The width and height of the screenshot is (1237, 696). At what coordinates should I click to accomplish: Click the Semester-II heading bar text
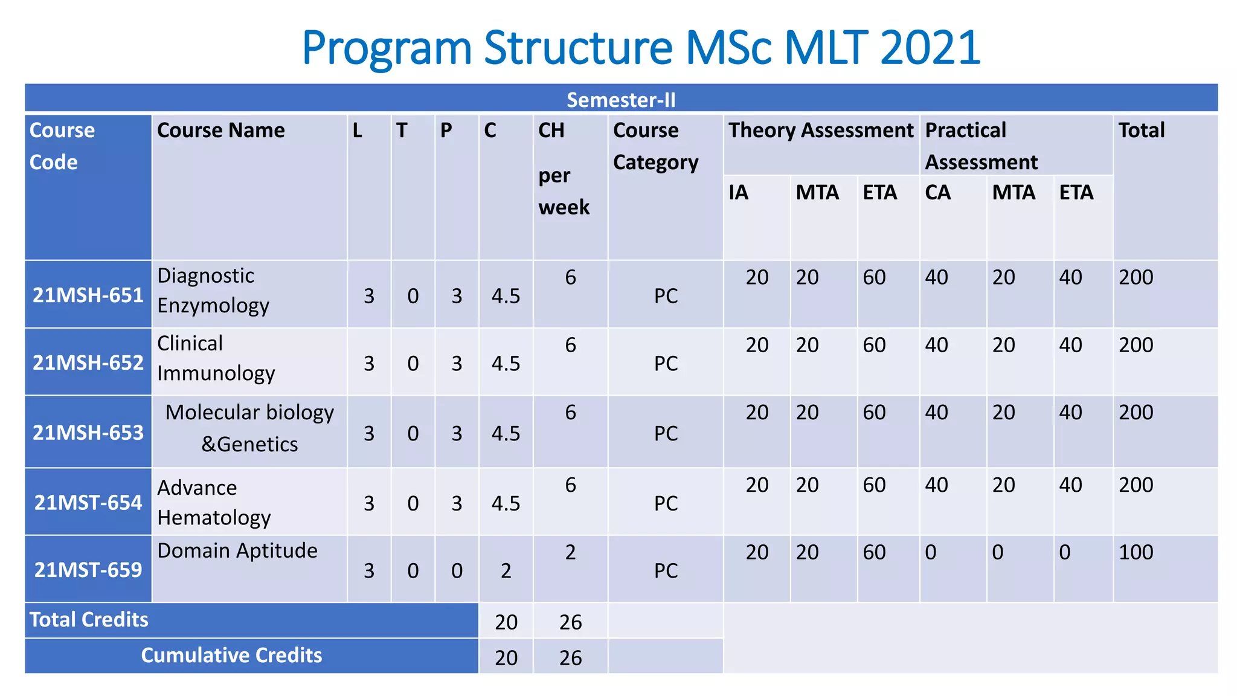point(621,100)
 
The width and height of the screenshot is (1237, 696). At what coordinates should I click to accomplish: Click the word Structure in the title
point(578,48)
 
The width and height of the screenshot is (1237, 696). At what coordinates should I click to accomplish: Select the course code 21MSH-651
point(88,295)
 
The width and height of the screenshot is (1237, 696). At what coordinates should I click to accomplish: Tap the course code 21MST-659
point(88,570)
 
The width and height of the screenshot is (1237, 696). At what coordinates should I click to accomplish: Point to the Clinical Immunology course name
point(216,358)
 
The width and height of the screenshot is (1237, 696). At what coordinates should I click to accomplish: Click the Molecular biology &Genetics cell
point(249,428)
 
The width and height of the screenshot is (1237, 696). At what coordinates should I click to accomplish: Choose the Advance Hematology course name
point(214,503)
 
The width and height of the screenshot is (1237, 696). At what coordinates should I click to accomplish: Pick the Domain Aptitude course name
point(237,550)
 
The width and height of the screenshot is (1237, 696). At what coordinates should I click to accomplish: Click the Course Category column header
point(655,146)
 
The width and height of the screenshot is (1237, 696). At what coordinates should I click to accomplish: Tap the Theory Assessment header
point(820,130)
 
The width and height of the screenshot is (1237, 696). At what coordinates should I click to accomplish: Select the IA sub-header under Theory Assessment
point(739,193)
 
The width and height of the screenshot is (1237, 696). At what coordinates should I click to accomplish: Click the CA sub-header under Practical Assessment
point(937,193)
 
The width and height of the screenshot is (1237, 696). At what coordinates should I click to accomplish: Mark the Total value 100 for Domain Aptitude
point(1136,552)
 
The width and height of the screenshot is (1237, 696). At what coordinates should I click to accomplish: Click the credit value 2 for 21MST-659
point(506,571)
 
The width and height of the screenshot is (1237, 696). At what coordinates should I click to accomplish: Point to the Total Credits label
point(89,620)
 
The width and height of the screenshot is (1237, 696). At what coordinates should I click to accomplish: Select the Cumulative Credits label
point(231,656)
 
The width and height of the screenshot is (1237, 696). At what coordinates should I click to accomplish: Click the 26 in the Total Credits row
point(570,622)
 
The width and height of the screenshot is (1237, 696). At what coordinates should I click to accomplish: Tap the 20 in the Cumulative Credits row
point(506,658)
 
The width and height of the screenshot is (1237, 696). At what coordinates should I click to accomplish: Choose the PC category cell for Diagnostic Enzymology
point(666,296)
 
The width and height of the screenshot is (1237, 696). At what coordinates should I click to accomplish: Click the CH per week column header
point(563,169)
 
